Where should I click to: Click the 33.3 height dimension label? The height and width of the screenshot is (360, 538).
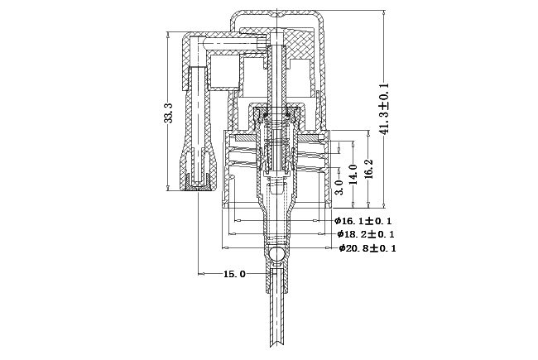point(168,113)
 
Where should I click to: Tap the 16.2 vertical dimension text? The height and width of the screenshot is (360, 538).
point(368,169)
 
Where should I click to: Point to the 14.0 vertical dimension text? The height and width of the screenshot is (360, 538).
point(353,174)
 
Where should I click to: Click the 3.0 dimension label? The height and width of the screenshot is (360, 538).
point(339,187)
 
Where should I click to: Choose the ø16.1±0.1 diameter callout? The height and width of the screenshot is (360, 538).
point(363,221)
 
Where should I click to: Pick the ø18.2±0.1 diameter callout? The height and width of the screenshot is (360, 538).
point(366,234)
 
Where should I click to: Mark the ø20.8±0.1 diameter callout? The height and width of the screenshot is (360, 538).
point(367,248)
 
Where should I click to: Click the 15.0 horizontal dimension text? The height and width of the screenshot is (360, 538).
point(235,274)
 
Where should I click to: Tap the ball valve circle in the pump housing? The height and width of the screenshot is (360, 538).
point(276,254)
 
